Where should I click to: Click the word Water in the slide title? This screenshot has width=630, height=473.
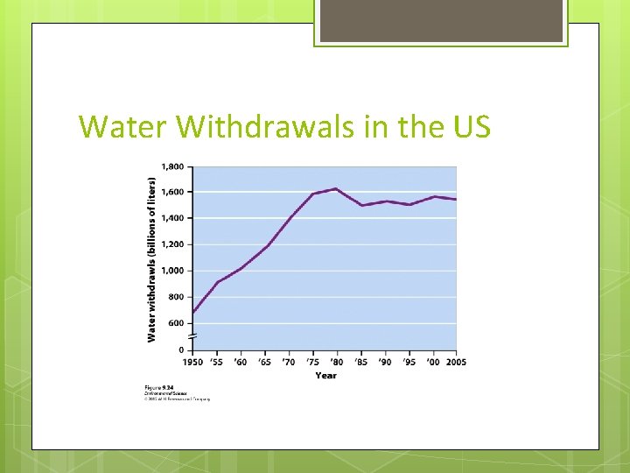pos(122,127)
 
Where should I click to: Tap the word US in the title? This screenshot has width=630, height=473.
pos(472,127)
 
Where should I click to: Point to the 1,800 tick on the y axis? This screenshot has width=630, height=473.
pos(172,166)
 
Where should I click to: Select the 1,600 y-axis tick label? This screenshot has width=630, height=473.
pos(172,192)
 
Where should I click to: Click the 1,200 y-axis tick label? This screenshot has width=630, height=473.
pos(172,244)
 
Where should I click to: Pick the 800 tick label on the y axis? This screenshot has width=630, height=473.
pos(176,297)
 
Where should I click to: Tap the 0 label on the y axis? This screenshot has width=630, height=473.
pos(181,350)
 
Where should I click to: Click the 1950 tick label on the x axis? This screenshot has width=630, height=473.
pos(192,362)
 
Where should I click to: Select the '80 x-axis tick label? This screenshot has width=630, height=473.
pos(336,362)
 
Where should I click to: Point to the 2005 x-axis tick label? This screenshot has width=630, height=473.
pos(455,362)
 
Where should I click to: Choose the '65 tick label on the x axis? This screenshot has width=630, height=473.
pos(264,362)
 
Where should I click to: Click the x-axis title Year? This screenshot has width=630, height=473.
pos(325,375)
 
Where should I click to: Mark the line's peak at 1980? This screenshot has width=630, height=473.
pos(336,188)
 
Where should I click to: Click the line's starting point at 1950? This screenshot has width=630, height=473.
pos(192,313)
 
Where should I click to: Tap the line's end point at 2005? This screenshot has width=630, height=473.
pos(456,200)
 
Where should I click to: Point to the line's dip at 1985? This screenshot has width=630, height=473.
pos(360,205)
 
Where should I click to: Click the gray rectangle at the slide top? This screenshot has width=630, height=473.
pos(441,21)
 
